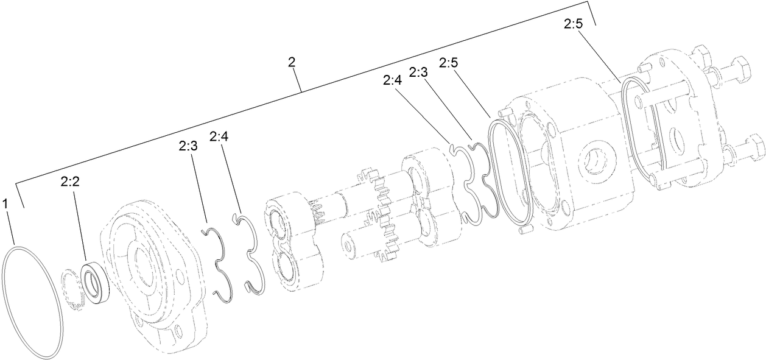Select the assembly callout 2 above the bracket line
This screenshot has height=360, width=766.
click(x=292, y=62)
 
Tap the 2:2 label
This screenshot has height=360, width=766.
click(x=70, y=181)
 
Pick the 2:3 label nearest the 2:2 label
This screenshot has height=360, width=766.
click(x=188, y=146)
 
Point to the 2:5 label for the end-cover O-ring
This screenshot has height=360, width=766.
click(x=573, y=24)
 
